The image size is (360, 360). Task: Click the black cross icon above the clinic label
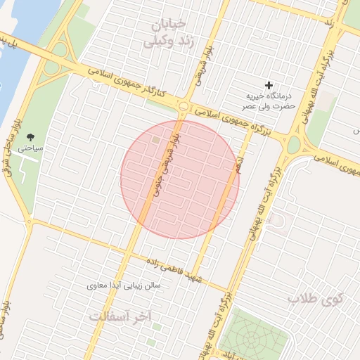267,85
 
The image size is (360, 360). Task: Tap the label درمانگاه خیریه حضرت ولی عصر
267,101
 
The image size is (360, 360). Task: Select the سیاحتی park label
31,149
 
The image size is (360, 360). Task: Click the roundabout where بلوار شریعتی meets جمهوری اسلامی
184,106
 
